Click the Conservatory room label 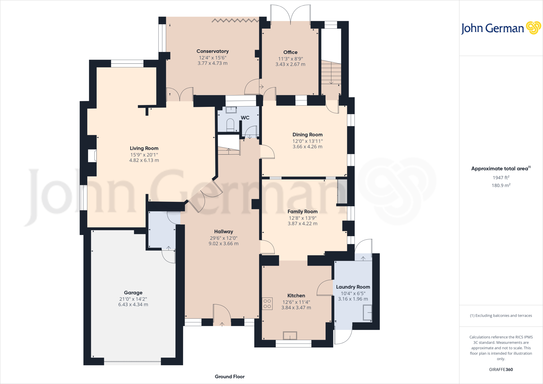point(212,51)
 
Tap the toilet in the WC point(230,125)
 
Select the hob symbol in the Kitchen point(267,304)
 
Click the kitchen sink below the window point(290,336)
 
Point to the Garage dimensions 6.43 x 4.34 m point(133,305)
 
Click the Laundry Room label point(353,287)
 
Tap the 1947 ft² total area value point(501,178)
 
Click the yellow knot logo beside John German point(533,28)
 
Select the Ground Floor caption point(230,377)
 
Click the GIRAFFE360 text point(501,369)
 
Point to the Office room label point(290,52)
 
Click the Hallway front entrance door point(222,316)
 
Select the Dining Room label point(307,135)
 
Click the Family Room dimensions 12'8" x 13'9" point(303,218)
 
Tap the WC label point(245,118)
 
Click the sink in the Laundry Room point(367,313)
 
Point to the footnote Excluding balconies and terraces point(501,316)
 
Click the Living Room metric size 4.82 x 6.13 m point(144,160)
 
